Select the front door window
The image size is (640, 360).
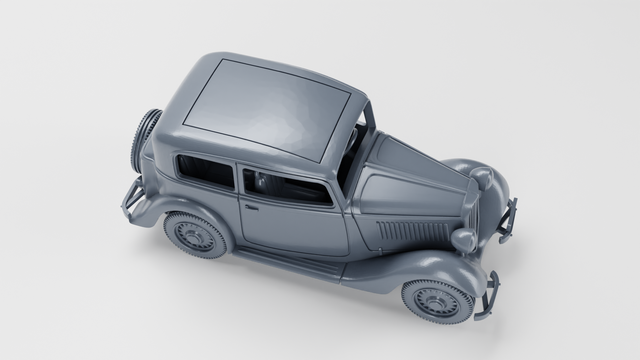tap(287, 187)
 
